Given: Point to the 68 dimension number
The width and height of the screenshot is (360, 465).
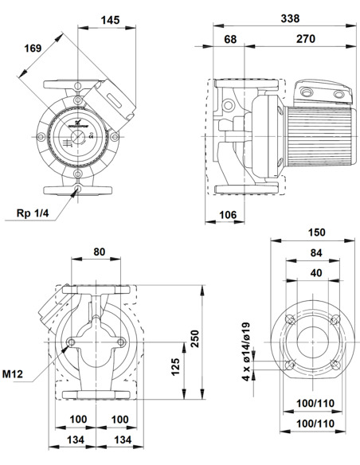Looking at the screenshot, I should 229,38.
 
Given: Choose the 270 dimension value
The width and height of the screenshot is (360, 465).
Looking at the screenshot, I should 305,38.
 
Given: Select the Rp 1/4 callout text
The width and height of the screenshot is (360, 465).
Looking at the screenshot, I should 33,214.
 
